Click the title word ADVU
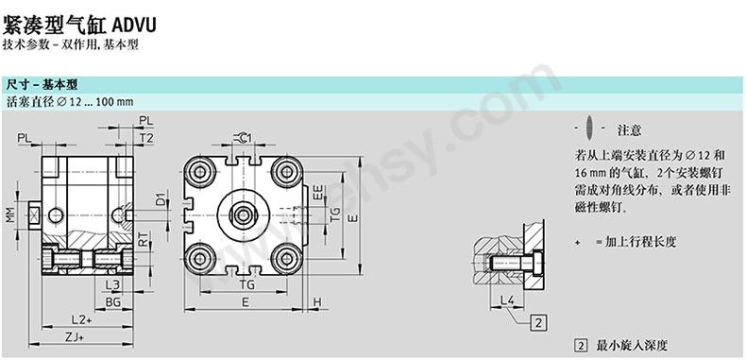coord(134,26)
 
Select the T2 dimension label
coord(146,138)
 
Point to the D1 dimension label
coord(161,198)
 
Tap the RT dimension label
coord(143,238)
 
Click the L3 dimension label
coord(112,285)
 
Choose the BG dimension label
coord(112,302)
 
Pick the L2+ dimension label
coord(81,319)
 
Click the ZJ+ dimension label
coord(75,336)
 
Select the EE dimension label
coord(318,192)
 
